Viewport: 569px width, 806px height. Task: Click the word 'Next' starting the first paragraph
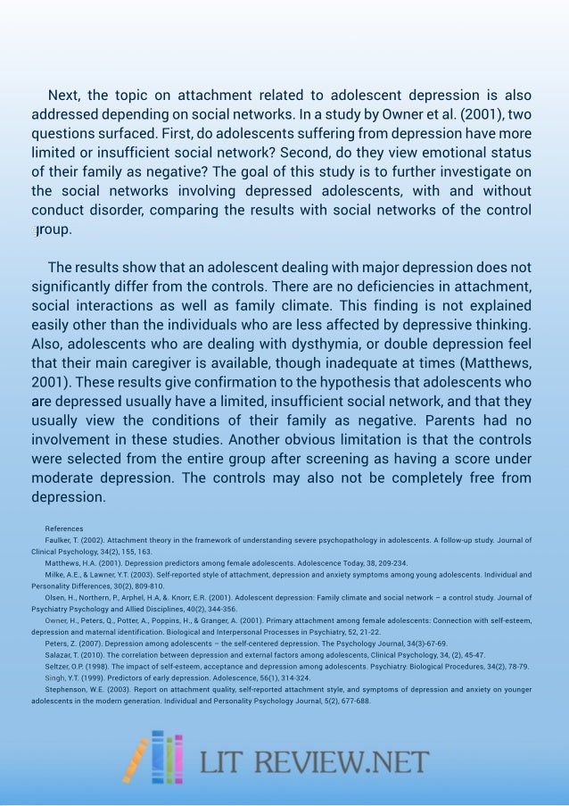pos(63,96)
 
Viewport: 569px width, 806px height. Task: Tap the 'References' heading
pos(63,528)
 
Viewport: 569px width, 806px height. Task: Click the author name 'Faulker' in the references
pos(60,540)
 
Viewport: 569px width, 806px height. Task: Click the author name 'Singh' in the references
pos(56,677)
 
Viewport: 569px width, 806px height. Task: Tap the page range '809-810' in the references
pos(144,586)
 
